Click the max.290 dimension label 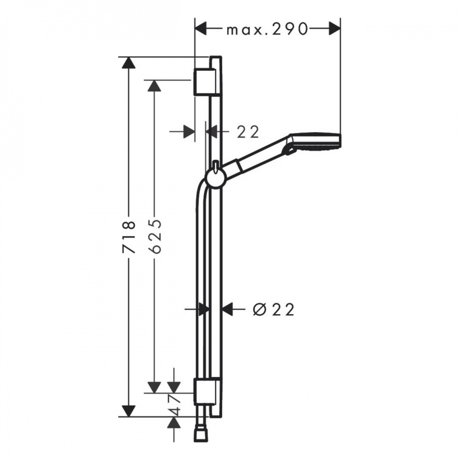pos(267,29)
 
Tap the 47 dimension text pos(174,404)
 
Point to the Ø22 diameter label pos(273,309)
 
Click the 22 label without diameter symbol pos(248,132)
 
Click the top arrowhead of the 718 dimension pos(128,63)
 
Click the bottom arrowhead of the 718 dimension pos(128,411)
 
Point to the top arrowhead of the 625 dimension pos(154,86)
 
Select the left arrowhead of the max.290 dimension pos(201,29)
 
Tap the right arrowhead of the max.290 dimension pos(335,29)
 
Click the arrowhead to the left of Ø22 pos(204,309)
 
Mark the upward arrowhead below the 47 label pos(174,423)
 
